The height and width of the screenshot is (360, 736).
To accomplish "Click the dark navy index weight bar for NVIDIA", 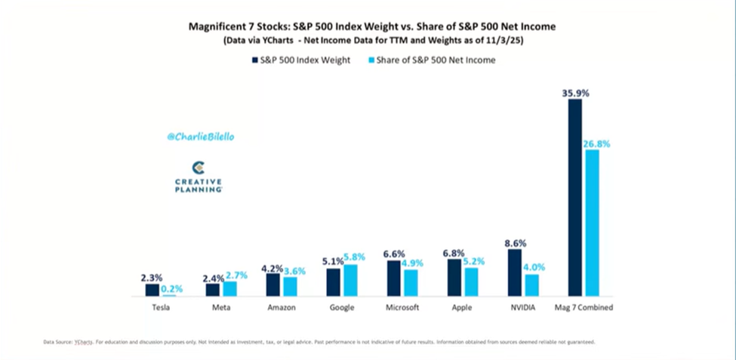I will pos(515,272).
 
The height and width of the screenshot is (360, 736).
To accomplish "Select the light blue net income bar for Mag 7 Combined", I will pos(592,223).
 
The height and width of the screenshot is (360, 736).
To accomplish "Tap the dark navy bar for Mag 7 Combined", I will pos(575,197).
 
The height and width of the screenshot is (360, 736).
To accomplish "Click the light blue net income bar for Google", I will pos(350,280).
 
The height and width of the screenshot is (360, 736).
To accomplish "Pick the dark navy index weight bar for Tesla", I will pos(152,290).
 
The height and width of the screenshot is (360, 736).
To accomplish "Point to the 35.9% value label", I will pos(575,93).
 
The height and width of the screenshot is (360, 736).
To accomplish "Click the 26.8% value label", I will pos(596,143).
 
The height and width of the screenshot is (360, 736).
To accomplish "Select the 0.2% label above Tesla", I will pos(171,288).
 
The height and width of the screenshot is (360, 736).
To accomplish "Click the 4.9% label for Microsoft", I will pos(413,263).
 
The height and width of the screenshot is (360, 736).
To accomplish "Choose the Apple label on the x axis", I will pos(463,307).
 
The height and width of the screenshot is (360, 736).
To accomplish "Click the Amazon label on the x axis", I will pos(282,307).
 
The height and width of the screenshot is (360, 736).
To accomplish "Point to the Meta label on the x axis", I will pos(221,307).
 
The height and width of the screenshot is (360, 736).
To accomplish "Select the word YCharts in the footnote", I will pos(82,342).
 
